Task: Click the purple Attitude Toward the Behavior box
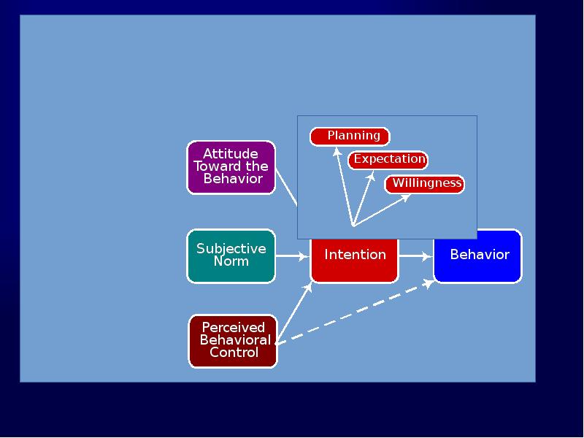(x=231, y=167)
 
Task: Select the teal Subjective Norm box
(x=231, y=255)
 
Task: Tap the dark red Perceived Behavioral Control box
(x=233, y=341)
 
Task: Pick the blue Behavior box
(x=478, y=255)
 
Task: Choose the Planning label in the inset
(x=350, y=137)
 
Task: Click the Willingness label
(x=425, y=183)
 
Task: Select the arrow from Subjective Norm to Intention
(x=293, y=256)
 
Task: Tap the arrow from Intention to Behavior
(x=416, y=256)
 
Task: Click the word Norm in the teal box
(x=231, y=261)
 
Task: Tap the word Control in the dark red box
(x=234, y=353)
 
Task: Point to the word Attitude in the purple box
(x=231, y=154)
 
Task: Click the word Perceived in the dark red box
(x=234, y=328)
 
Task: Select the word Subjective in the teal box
(x=231, y=249)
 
